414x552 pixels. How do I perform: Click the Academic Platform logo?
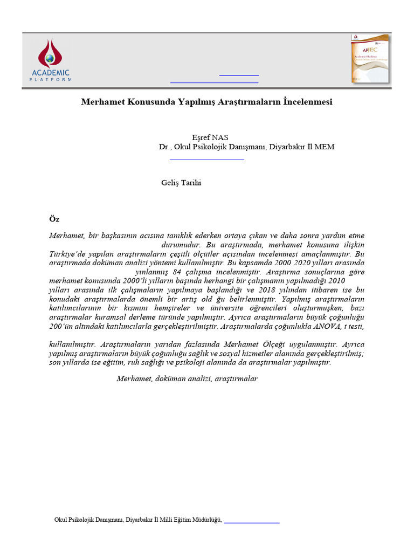click(50, 60)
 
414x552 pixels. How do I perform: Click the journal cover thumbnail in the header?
click(369, 59)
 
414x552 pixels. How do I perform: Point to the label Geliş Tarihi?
click(181, 183)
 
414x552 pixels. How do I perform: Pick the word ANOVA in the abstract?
click(327, 326)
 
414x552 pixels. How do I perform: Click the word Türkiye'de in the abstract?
click(68, 253)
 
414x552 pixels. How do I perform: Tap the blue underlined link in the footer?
click(252, 522)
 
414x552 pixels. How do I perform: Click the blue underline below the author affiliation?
click(207, 160)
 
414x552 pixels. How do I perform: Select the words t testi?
click(354, 326)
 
